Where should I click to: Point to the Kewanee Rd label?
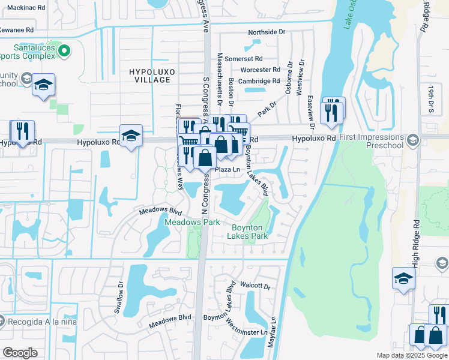[x=17, y=29]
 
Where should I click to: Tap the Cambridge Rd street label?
[x=259, y=80]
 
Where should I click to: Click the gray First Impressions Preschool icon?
[x=412, y=140]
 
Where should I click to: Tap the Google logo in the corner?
[x=20, y=353]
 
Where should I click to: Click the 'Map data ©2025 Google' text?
[x=412, y=355]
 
